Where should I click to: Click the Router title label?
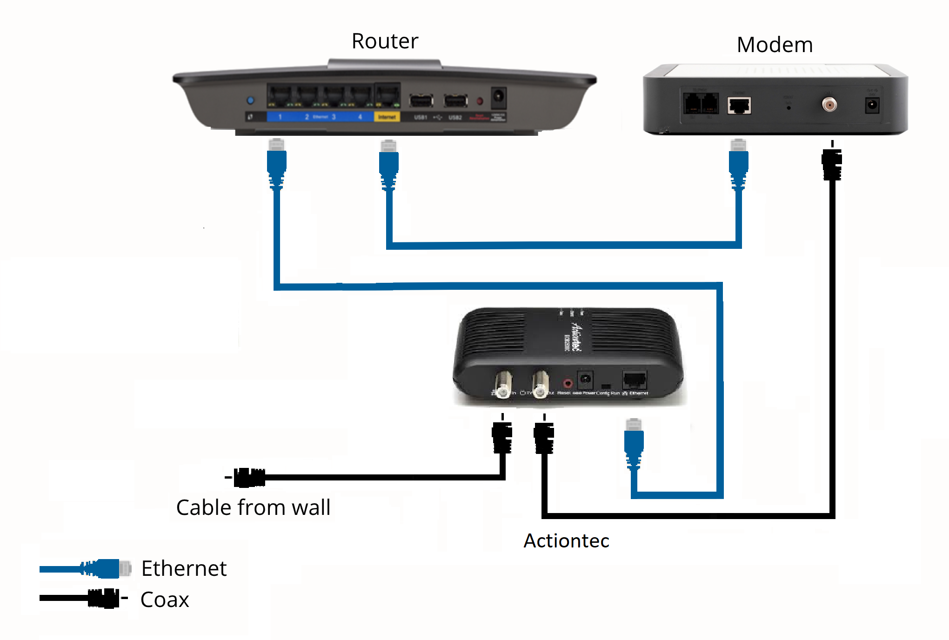(x=385, y=41)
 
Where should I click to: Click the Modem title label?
(x=775, y=45)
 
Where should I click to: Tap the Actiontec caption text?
(x=566, y=540)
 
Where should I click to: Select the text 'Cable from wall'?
(x=253, y=507)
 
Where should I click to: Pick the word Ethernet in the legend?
(x=184, y=568)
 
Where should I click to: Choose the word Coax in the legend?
(x=165, y=600)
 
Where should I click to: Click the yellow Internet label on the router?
(x=387, y=117)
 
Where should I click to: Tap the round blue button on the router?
(x=251, y=100)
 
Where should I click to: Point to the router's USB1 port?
(x=421, y=100)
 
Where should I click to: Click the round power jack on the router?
(x=498, y=97)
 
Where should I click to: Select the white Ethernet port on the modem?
(x=739, y=106)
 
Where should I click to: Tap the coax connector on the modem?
(x=829, y=104)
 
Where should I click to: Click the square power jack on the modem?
(x=872, y=105)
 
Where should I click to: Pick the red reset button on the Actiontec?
(x=567, y=384)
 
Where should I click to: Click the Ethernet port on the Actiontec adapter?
(x=634, y=380)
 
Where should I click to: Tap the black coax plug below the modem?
(x=832, y=164)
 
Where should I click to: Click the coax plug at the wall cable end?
(x=249, y=478)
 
